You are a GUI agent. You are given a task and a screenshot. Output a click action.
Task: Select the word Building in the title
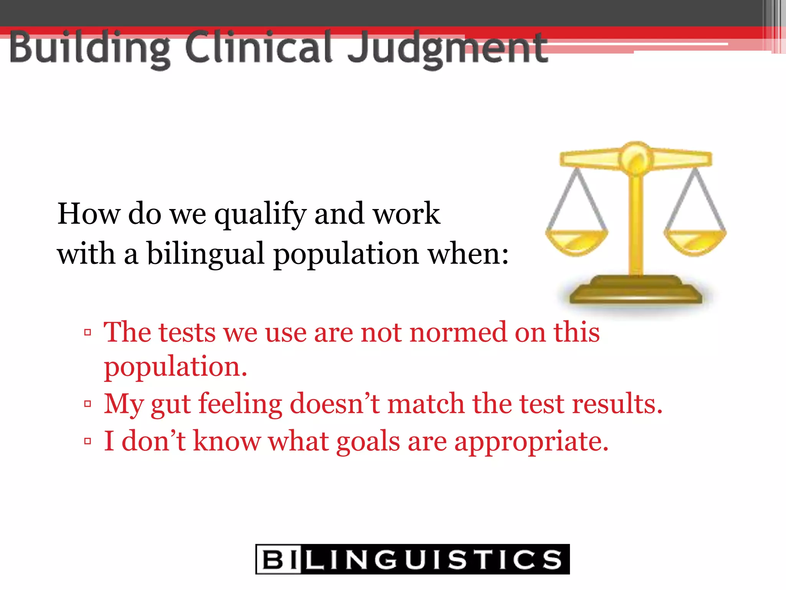click(90, 48)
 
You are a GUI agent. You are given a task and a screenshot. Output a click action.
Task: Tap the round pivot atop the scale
click(636, 157)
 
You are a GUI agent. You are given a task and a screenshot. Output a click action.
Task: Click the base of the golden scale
click(636, 292)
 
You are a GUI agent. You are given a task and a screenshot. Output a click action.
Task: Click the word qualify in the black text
click(260, 214)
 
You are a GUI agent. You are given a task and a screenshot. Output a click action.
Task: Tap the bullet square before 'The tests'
click(88, 332)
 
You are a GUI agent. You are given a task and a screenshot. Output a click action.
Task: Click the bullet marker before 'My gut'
click(88, 404)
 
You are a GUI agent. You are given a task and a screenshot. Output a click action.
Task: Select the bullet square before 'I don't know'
click(88, 441)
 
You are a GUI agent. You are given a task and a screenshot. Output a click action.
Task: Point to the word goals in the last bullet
click(368, 442)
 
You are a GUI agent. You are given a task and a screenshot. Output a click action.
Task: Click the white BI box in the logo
click(279, 559)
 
